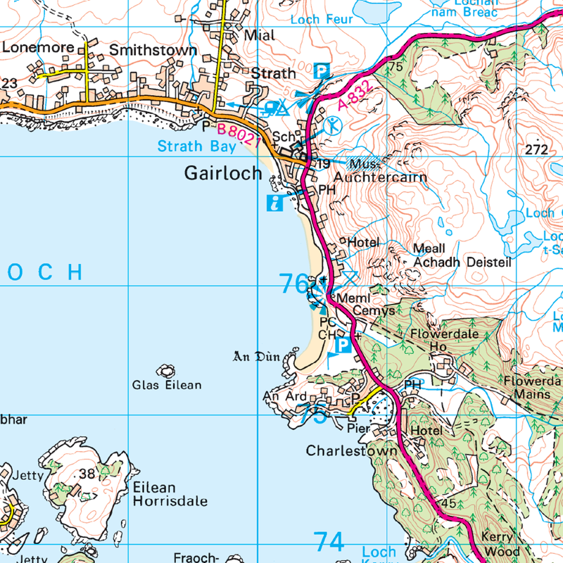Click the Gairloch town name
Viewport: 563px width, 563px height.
[222, 173]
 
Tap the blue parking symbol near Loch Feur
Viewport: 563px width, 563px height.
[321, 71]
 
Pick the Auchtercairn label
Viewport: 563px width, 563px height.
[380, 177]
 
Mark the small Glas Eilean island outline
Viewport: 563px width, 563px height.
[167, 370]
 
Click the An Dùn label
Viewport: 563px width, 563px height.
[256, 357]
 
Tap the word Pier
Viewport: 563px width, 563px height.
[360, 426]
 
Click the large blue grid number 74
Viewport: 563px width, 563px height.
[329, 542]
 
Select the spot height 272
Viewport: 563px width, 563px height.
[536, 150]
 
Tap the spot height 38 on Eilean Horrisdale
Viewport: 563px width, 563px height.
[87, 474]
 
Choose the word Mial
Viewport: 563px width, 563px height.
[259, 34]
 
